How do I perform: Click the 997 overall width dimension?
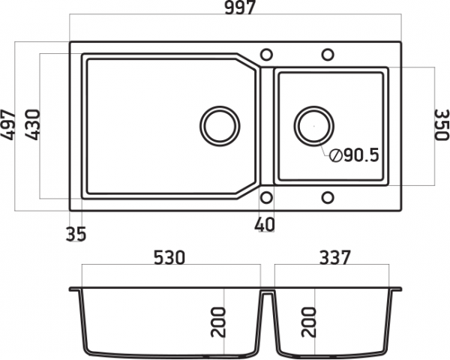pyautogui.click(x=240, y=7)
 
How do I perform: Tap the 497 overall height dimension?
pyautogui.click(x=8, y=125)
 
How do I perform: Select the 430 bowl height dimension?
pyautogui.click(x=31, y=125)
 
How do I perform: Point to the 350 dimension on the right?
pyautogui.click(x=441, y=124)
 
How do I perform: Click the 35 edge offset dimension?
pyautogui.click(x=76, y=234)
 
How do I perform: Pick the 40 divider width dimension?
pyautogui.click(x=264, y=224)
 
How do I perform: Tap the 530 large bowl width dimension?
pyautogui.click(x=169, y=257)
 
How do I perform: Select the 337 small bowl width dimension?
pyautogui.click(x=335, y=257)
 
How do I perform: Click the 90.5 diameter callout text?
pyautogui.click(x=361, y=155)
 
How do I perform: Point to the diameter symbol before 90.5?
pyautogui.click(x=335, y=155)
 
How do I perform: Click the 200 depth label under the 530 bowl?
pyautogui.click(x=218, y=322)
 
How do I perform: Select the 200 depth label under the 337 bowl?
pyautogui.click(x=309, y=322)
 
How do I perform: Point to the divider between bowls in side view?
pyautogui.click(x=268, y=322)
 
